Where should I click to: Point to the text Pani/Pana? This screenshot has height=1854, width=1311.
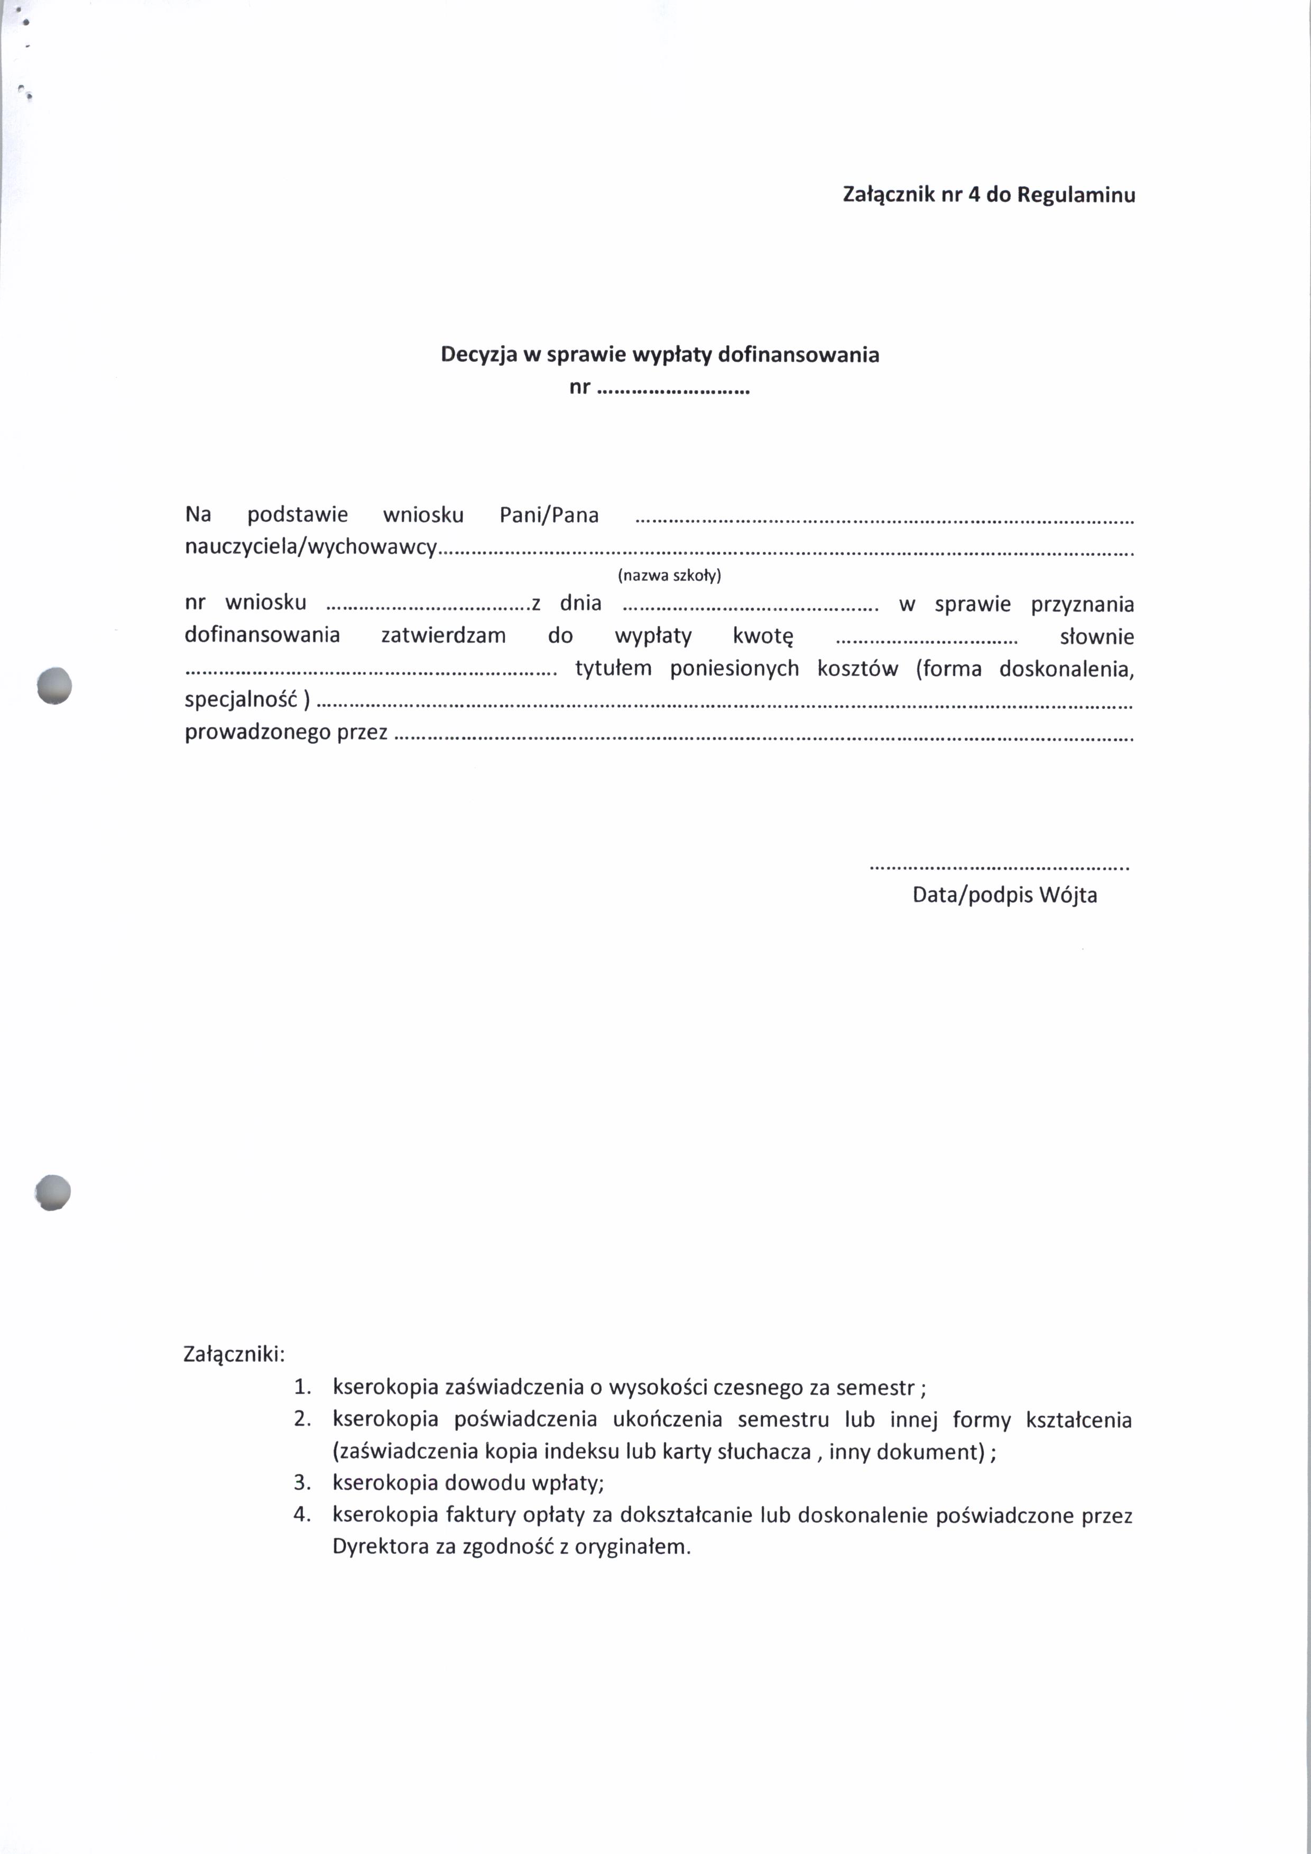[x=549, y=515]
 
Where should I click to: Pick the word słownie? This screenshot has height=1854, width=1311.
[x=1096, y=637]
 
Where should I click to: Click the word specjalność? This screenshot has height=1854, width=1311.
[x=242, y=700]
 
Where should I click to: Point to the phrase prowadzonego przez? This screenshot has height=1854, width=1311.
[x=286, y=732]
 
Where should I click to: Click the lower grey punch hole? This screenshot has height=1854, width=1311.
[x=53, y=1192]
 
